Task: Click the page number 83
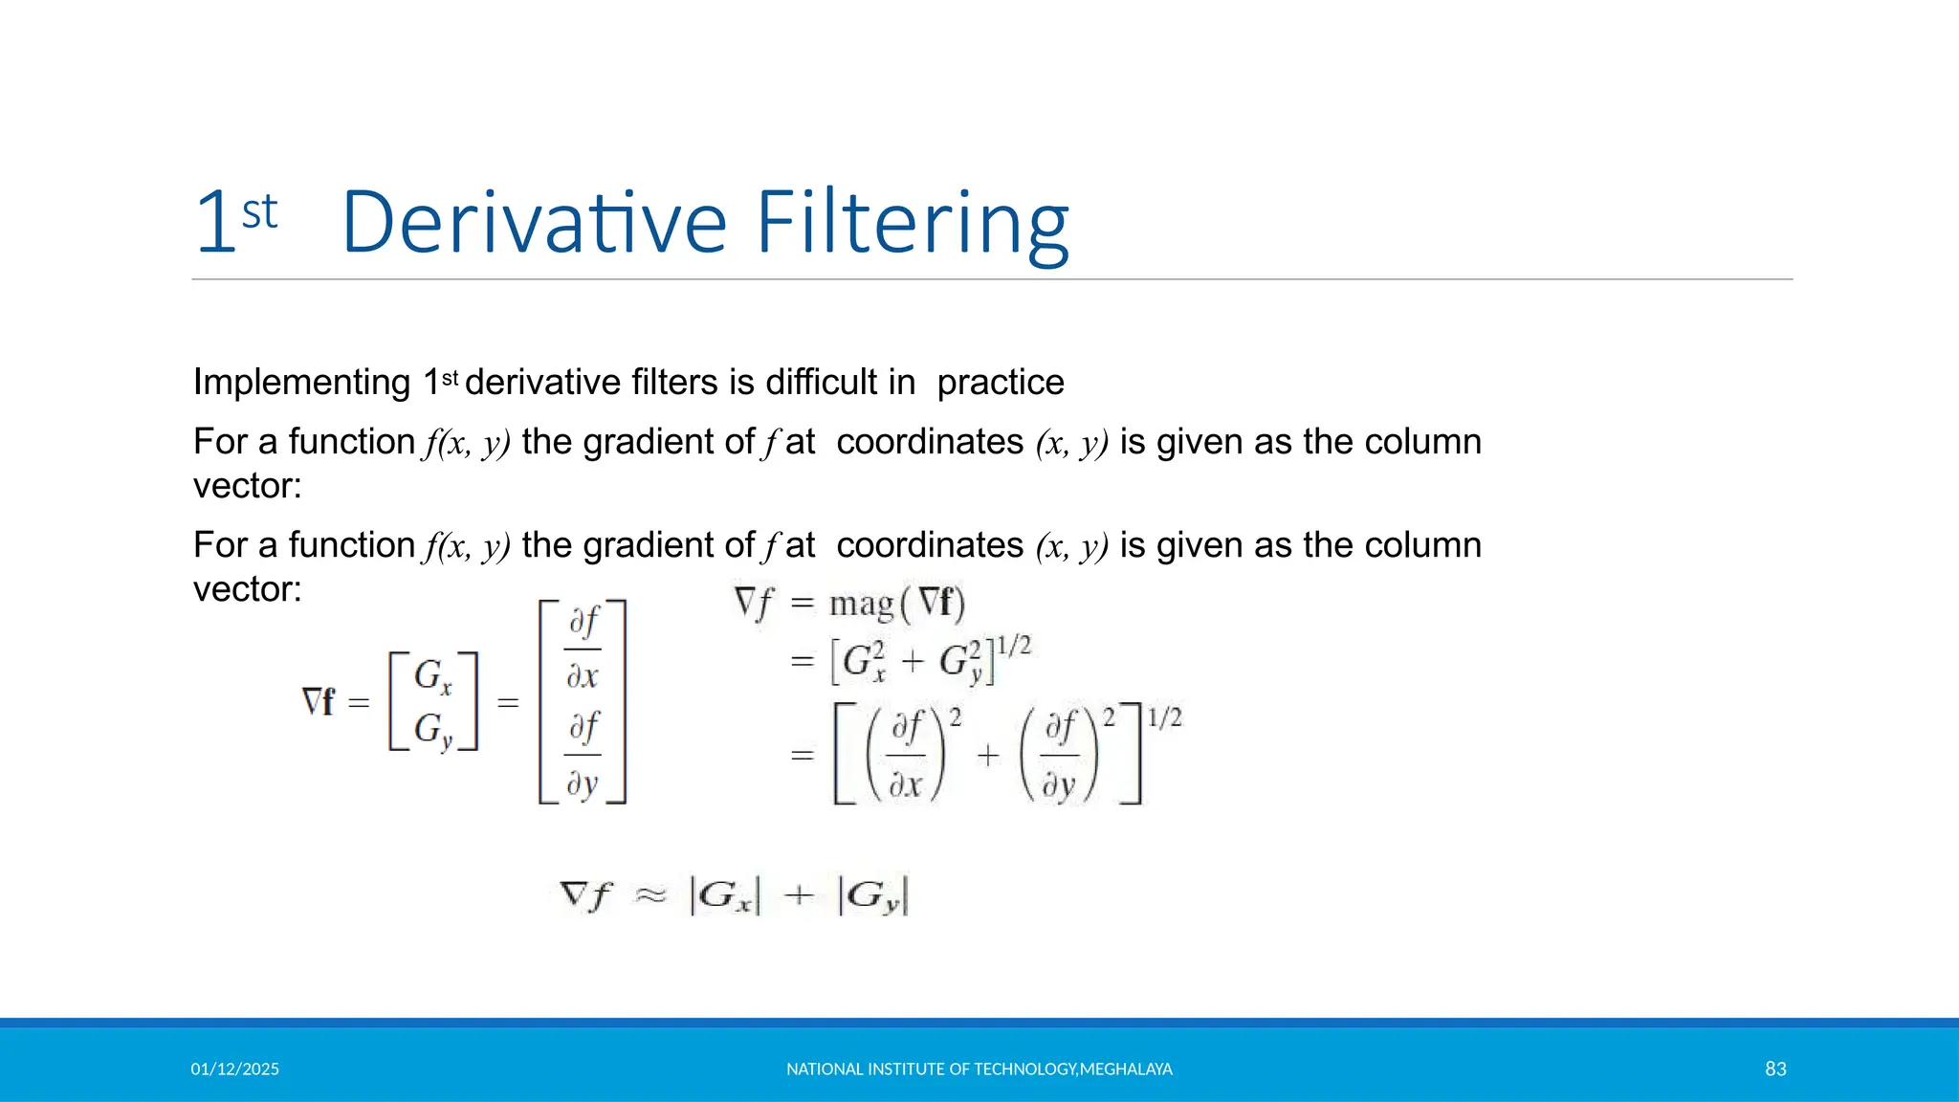(1775, 1069)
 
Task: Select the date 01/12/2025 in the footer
(234, 1069)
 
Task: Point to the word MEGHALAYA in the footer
(1126, 1069)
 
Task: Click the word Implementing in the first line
(301, 383)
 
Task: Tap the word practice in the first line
(1000, 383)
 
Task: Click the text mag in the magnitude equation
(861, 604)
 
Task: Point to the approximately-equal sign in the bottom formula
(650, 895)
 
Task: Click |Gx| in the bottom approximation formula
(724, 896)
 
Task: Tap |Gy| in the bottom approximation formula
(872, 896)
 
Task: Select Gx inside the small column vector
(432, 676)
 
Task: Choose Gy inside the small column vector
(432, 731)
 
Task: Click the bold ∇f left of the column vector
(318, 702)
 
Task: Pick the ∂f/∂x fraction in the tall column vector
(583, 649)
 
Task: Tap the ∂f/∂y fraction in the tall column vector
(583, 755)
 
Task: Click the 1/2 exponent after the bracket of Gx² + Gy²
(1013, 646)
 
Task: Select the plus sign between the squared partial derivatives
(987, 756)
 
